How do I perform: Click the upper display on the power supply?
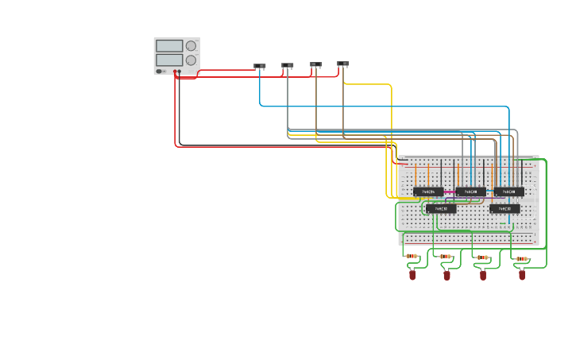coord(169,46)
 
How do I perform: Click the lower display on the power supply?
coord(169,60)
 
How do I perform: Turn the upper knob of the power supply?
coord(191,46)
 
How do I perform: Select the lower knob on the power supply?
coord(191,60)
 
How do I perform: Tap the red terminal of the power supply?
coord(175,72)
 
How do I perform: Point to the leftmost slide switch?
coord(259,66)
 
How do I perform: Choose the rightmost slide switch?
coord(343,63)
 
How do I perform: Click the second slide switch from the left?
coord(288,65)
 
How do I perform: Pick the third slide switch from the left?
coord(316,64)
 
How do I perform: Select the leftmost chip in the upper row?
coord(428,192)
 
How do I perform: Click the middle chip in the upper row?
coord(470,192)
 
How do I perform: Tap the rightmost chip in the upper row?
coord(509,192)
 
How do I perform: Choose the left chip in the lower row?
coord(441,209)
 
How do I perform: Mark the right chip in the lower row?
coord(504,209)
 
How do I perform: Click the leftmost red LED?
coord(412,275)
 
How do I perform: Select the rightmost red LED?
coord(522,275)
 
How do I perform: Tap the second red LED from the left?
coord(446,275)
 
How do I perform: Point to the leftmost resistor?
coord(412,257)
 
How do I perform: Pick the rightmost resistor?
coord(521,258)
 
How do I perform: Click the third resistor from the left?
coord(481,257)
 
